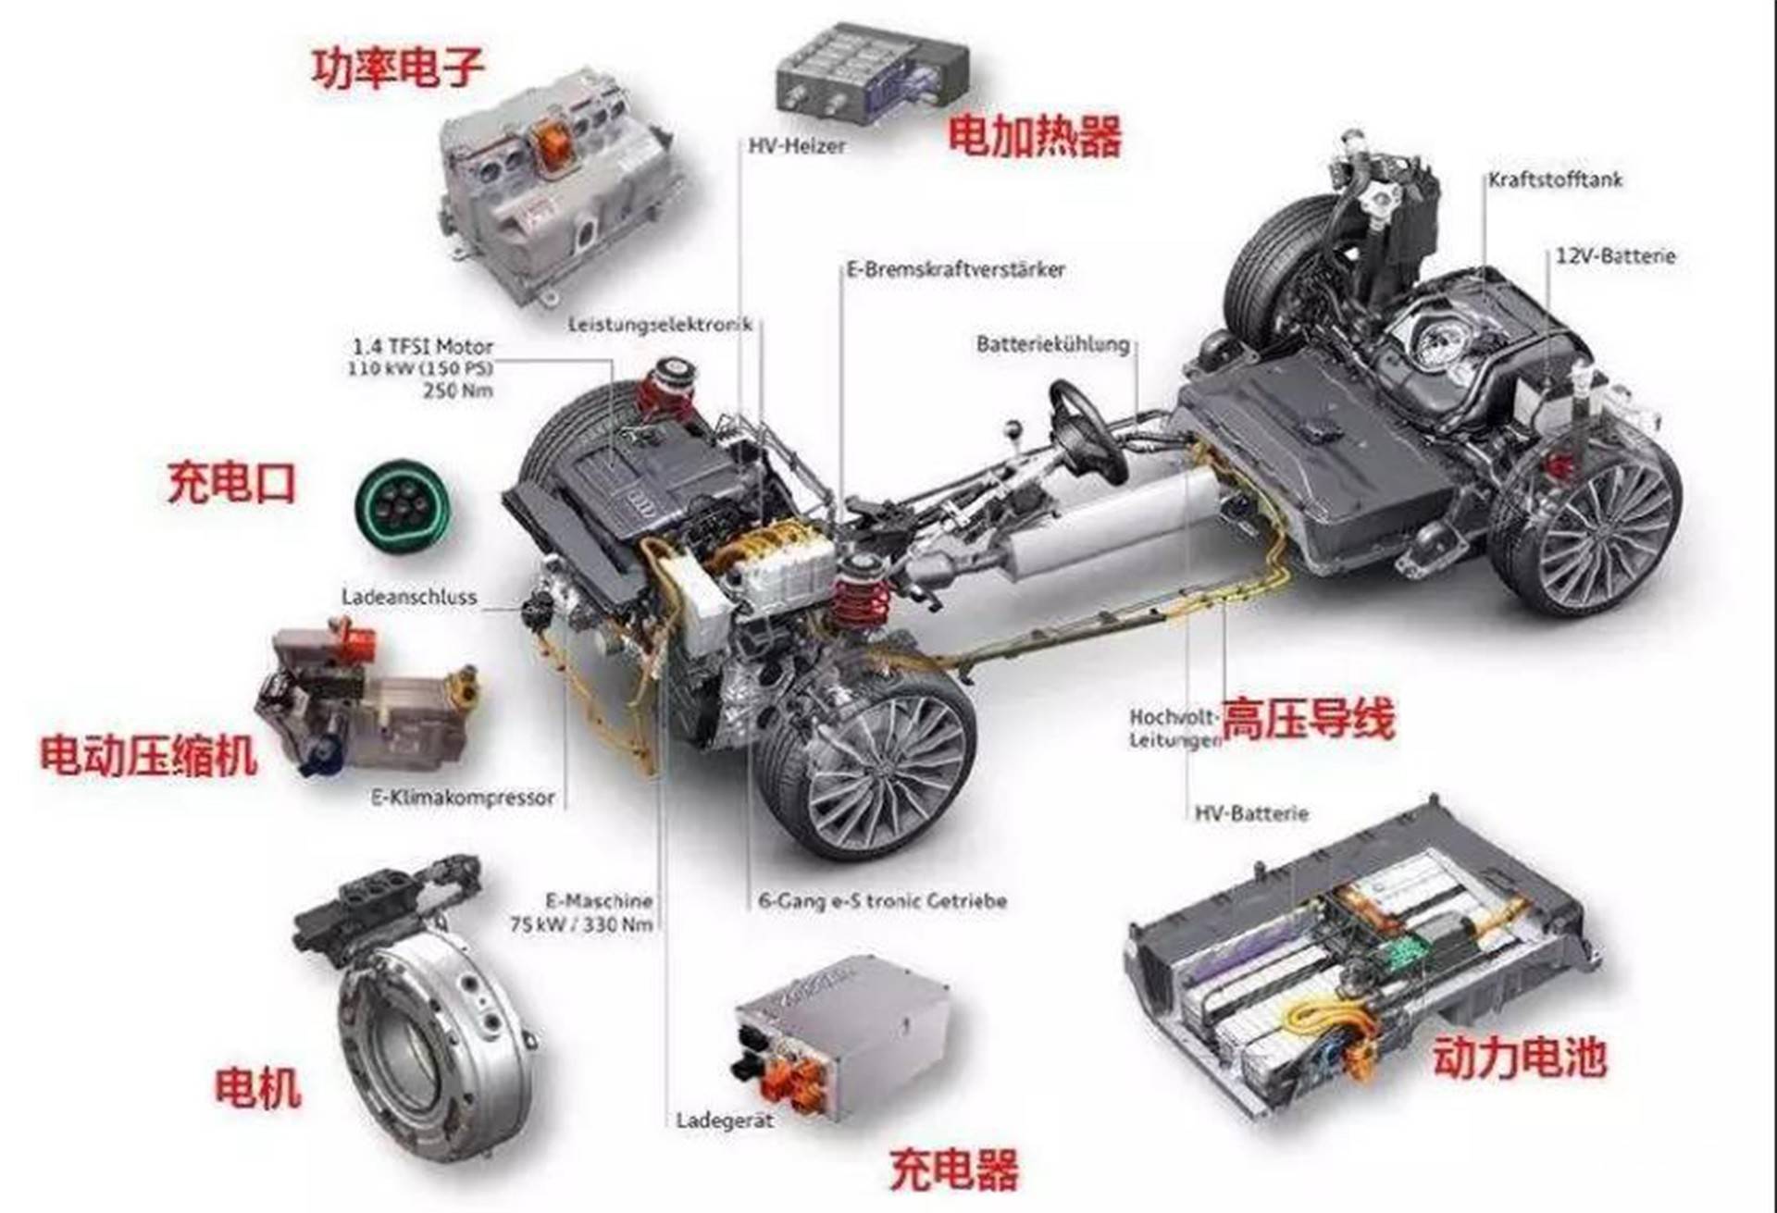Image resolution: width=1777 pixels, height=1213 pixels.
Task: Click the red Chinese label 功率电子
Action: [x=398, y=68]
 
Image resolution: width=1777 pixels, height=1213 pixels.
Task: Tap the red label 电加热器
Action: [x=1034, y=136]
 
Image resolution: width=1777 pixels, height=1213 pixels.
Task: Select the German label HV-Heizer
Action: [x=796, y=146]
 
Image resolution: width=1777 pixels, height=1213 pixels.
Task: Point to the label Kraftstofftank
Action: [x=1555, y=180]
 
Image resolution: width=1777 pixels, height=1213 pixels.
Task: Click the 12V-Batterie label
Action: [x=1614, y=256]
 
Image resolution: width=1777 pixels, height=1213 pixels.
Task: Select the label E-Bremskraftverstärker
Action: [x=955, y=269]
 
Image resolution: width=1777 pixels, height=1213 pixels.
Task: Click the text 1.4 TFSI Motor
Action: [x=423, y=347]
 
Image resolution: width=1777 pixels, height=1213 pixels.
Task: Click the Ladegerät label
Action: [x=724, y=1120]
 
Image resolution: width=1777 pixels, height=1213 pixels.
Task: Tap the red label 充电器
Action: [x=953, y=1170]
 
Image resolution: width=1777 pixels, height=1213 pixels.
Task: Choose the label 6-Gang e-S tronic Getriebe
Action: [x=882, y=900]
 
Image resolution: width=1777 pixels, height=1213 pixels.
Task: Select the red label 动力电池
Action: [x=1519, y=1058]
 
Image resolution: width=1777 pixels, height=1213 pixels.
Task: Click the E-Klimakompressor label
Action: [x=463, y=798]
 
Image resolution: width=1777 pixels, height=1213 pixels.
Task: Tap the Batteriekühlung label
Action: [x=1053, y=344]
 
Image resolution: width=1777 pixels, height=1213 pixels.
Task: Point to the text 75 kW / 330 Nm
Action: [x=580, y=923]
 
